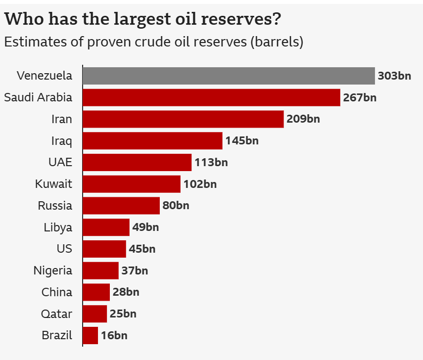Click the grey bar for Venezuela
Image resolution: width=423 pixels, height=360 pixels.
pos(229,76)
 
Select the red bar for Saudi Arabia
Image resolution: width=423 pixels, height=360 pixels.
pos(211,97)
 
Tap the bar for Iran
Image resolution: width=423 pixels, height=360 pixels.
pos(183,119)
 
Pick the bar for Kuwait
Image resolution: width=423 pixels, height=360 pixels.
pos(132,184)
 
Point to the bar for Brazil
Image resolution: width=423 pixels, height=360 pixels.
pos(91,335)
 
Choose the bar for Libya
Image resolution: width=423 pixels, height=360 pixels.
pos(106,227)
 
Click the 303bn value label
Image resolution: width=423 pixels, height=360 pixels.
pos(394,76)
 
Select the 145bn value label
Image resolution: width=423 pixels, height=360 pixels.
pos(242,141)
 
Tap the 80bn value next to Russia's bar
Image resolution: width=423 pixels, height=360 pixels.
pos(176,206)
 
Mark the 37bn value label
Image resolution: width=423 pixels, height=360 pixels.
pos(135,270)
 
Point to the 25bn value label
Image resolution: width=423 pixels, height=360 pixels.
pos(123,314)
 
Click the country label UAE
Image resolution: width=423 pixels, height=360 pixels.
pos(60,162)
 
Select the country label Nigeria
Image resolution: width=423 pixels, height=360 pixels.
pos(53,270)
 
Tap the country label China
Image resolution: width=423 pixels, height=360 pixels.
pos(57,292)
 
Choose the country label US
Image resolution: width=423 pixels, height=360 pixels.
pos(64,249)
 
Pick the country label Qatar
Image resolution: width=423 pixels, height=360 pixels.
pos(57,314)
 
